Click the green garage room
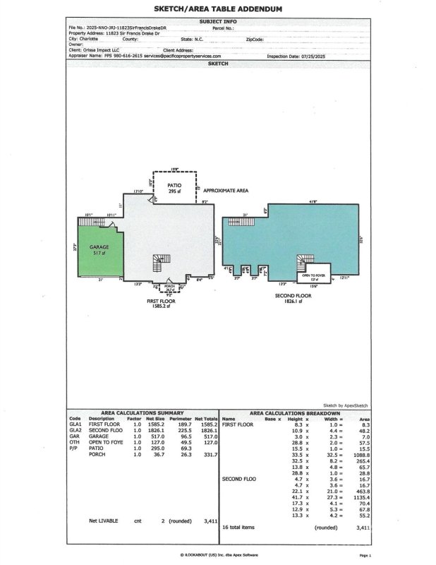point(99,250)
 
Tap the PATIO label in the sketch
point(174,186)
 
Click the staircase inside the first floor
point(157,263)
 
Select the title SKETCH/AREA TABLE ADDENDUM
point(218,9)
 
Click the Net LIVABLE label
point(102,521)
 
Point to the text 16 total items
point(241,527)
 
